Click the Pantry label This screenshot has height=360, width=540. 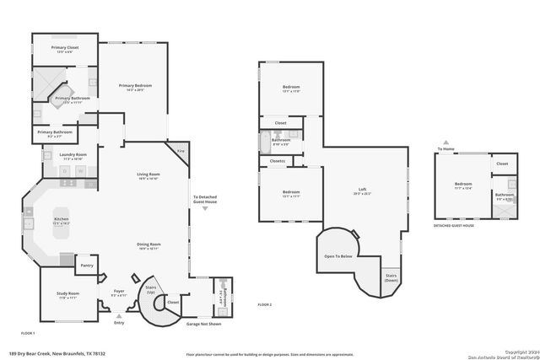point(86,265)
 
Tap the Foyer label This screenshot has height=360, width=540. point(118,293)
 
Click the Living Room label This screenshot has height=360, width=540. point(148,175)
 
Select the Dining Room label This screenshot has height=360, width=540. point(148,245)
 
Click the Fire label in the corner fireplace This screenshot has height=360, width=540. point(180,150)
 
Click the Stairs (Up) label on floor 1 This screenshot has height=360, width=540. point(152,288)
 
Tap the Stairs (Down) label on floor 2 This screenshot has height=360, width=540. point(391,277)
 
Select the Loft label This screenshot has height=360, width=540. point(362,191)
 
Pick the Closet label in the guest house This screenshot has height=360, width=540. point(502,164)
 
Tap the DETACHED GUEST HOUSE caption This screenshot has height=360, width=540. point(454,226)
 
